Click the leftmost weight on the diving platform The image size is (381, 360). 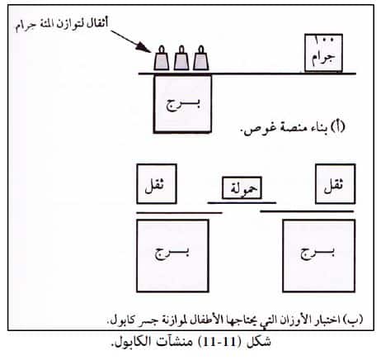(162, 59)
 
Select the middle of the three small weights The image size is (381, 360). (181, 59)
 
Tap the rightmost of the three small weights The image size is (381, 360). (201, 59)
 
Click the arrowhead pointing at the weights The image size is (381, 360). (144, 47)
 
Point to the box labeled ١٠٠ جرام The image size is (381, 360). (323, 53)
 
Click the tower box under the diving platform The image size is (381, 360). (182, 104)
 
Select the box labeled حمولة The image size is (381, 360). (242, 187)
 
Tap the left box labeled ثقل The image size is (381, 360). (157, 184)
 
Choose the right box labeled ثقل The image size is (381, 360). (336, 184)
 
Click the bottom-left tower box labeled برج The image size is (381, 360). (172, 256)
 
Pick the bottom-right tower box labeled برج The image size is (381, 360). (319, 256)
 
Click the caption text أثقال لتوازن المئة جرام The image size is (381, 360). (62, 25)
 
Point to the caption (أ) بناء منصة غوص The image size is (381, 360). (293, 128)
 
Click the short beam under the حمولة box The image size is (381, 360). (242, 203)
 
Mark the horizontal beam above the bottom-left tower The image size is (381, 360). (179, 212)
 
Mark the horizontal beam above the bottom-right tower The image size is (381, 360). (307, 211)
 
